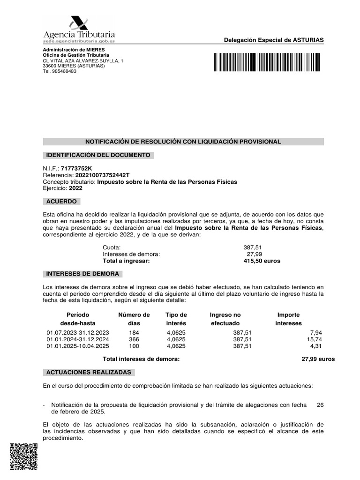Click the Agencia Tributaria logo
[79, 30]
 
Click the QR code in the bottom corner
[23, 456]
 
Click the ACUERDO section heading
[61, 202]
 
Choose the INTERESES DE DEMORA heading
[82, 274]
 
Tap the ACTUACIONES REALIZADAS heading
[89, 372]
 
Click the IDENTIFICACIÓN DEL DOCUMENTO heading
[97, 155]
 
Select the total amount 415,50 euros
[262, 261]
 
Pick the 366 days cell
[134, 339]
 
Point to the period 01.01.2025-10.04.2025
[78, 346]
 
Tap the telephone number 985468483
[64, 71]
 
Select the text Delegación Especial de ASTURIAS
[274, 40]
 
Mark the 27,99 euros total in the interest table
[318, 359]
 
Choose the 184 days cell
[134, 332]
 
